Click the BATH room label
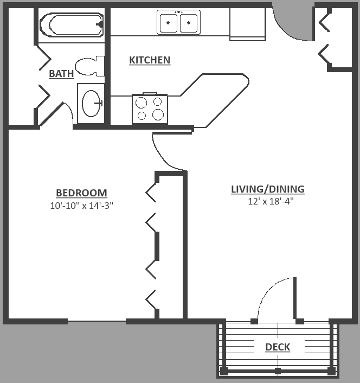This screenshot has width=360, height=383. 61,74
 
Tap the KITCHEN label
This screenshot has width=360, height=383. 150,60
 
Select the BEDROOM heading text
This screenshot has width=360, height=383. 81,193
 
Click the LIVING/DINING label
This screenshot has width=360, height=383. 268,189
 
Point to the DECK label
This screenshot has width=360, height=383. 278,347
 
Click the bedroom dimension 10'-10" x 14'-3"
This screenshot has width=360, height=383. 81,206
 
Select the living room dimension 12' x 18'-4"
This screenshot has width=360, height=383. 268,201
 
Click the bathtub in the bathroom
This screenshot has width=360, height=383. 71,24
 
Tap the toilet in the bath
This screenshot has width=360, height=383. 89,66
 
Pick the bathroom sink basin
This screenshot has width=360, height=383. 91,103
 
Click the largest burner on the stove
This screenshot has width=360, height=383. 158,114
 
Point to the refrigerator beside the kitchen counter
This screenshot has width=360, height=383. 247,24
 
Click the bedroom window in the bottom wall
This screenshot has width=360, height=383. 97,322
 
